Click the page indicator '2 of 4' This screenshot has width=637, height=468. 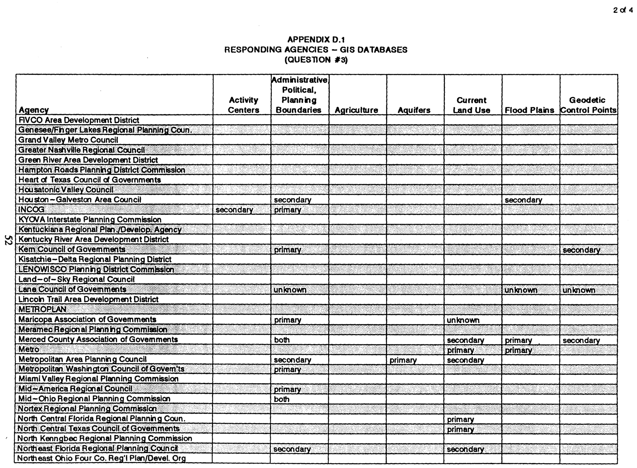pos(623,10)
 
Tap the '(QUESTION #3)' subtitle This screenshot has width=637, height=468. pos(316,60)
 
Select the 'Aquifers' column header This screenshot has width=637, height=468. pos(414,110)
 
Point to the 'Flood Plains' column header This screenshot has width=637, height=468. pos(529,110)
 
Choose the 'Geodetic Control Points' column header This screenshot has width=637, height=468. pos(588,105)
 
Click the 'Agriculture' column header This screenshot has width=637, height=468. pos(357,110)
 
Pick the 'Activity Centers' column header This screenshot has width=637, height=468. pos(243,105)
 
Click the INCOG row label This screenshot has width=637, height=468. pos(31,209)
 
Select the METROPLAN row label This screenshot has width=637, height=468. pos(43,309)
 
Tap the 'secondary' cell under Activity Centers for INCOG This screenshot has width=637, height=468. pos(234,210)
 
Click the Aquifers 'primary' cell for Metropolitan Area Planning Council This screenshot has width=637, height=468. pos(403,360)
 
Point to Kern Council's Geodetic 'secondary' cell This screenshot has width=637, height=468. pos(581,250)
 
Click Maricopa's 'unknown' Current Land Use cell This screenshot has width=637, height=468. pos(463,320)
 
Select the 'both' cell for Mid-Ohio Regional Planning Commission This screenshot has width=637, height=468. pos(282,399)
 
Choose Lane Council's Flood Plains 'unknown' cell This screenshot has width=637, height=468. pos(521,290)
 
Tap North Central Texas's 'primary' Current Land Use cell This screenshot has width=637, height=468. pos(460,430)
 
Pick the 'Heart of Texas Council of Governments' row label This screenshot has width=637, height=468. pos(90,180)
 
